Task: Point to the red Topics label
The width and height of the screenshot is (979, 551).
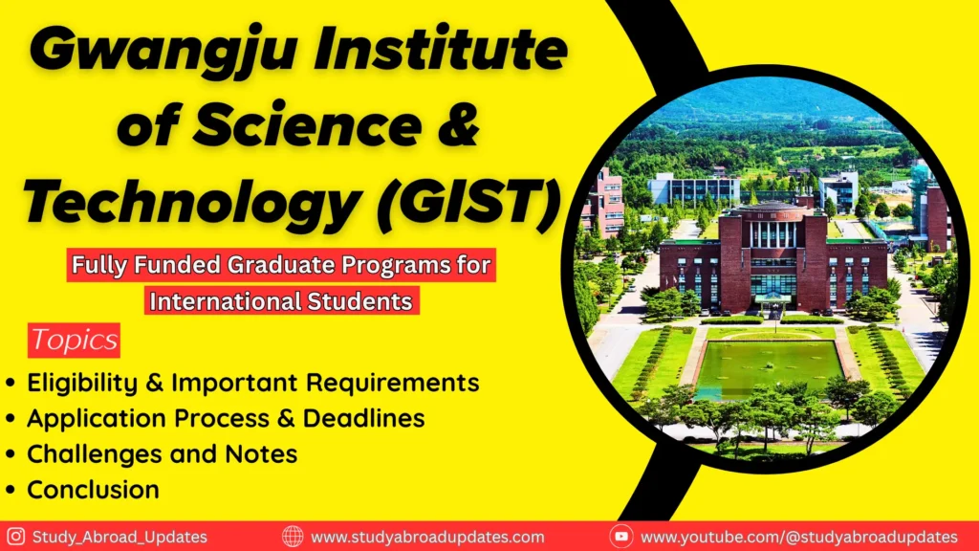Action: (74, 340)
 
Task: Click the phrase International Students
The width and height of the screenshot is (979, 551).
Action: (283, 302)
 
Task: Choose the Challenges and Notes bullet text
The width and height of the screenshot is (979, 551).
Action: (162, 454)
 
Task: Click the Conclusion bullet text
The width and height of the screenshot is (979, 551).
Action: (93, 490)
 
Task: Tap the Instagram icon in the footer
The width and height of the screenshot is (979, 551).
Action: (15, 537)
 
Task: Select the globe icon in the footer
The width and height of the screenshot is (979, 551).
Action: (293, 537)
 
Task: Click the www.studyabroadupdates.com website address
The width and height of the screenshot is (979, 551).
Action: (427, 537)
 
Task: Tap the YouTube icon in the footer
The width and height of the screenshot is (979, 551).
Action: (620, 537)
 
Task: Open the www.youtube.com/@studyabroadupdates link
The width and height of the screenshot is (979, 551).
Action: (799, 537)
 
